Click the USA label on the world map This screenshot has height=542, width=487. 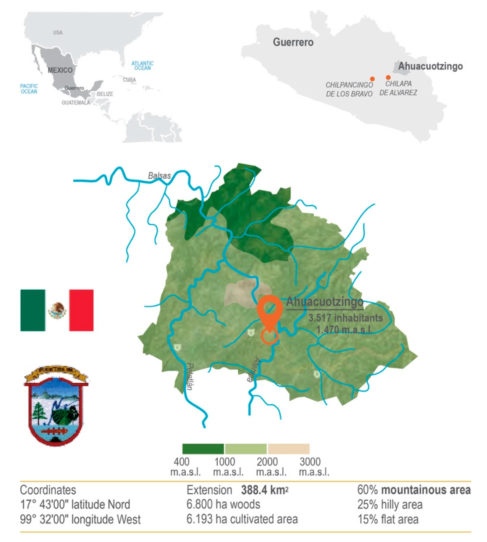(58, 33)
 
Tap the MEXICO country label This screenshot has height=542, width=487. (60, 70)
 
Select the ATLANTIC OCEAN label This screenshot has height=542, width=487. (142, 66)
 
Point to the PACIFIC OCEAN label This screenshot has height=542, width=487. (29, 89)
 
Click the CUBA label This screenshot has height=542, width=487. (129, 80)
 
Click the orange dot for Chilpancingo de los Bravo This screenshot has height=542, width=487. (372, 79)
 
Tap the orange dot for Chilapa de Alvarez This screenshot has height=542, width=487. (388, 77)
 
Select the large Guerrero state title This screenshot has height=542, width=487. (293, 42)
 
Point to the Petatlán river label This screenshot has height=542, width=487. (190, 376)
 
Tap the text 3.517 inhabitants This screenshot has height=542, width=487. (345, 318)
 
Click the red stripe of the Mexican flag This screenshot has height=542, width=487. (81, 310)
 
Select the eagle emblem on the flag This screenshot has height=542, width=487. (57, 310)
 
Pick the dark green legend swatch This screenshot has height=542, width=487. (203, 449)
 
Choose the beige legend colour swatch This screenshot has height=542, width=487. (289, 449)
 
